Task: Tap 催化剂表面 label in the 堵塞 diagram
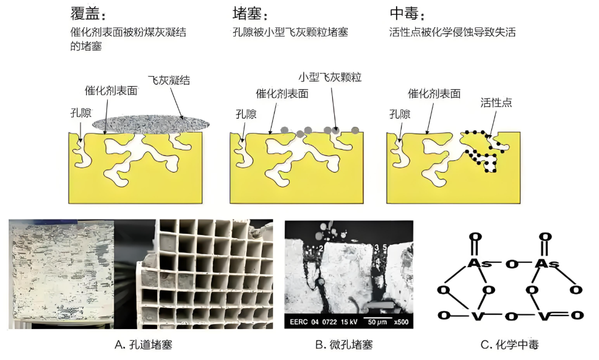click(x=282, y=94)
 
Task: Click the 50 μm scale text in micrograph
click(x=372, y=322)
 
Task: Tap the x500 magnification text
click(x=400, y=322)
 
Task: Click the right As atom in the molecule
click(x=545, y=264)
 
